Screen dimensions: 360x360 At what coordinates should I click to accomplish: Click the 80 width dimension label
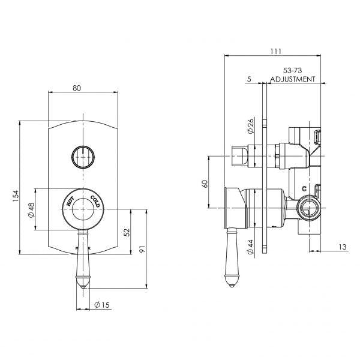pyautogui.click(x=77, y=88)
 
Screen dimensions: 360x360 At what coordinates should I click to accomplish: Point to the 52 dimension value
pyautogui.click(x=126, y=232)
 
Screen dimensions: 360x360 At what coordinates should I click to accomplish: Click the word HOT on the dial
pyautogui.click(x=71, y=201)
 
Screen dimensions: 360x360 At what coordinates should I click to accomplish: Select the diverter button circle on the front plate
pyautogui.click(x=83, y=157)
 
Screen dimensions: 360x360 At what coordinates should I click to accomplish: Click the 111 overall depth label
pyautogui.click(x=275, y=52)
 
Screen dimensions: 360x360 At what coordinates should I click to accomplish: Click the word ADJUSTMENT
pyautogui.click(x=293, y=79)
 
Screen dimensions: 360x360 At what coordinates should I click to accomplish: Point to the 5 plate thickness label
pyautogui.click(x=248, y=79)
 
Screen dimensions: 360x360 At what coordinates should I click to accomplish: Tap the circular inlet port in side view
pyautogui.click(x=310, y=208)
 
